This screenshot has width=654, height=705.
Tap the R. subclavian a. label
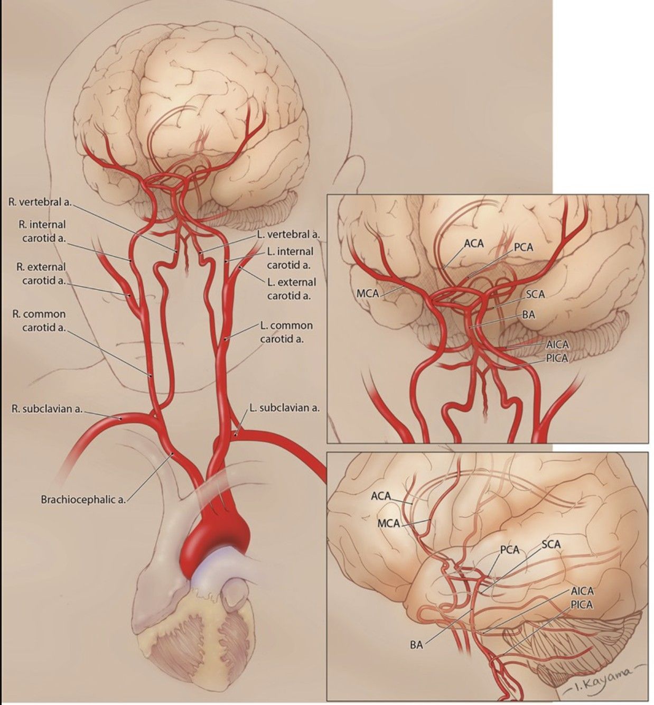[x=46, y=409]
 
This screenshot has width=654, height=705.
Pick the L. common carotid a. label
[x=286, y=332]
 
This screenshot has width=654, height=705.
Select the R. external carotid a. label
[x=44, y=274]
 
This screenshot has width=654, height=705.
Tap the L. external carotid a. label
[x=291, y=289]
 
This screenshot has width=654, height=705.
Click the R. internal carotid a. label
[x=44, y=231]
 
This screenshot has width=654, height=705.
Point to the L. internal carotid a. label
[x=289, y=258]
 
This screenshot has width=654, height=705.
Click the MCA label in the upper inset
[x=368, y=293]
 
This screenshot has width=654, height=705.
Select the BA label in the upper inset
[x=528, y=315]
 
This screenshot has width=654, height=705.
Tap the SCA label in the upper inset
[x=535, y=294]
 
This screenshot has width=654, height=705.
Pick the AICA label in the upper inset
[x=558, y=345]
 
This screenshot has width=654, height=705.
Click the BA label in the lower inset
[x=416, y=645]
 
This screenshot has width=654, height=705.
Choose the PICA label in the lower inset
[x=582, y=604]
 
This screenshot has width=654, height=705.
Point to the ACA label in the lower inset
[x=380, y=496]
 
